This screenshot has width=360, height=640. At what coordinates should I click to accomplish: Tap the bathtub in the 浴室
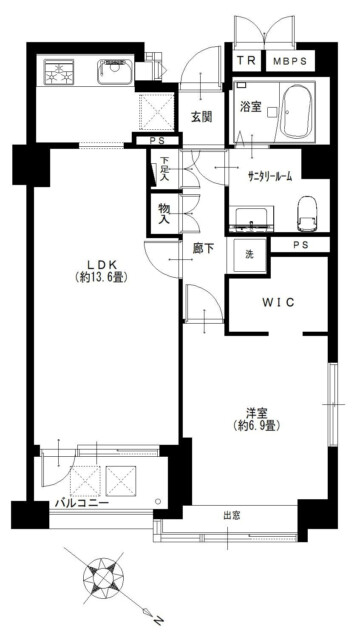(x=298, y=112)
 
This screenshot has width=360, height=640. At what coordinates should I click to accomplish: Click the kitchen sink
(x=115, y=72)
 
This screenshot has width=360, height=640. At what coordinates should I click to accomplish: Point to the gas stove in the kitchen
(x=58, y=72)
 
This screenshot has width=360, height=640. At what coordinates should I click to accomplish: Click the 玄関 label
(x=202, y=118)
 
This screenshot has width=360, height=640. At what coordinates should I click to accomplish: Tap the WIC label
(x=278, y=302)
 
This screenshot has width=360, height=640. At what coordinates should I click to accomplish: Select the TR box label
(x=247, y=61)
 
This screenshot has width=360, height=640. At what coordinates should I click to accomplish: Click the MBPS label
(x=290, y=61)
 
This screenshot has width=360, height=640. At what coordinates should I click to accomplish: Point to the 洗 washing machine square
(x=249, y=255)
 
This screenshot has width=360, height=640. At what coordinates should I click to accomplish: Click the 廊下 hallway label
(x=203, y=249)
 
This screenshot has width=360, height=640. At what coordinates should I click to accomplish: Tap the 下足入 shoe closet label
(x=164, y=169)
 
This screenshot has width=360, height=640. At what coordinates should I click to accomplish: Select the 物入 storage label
(x=164, y=213)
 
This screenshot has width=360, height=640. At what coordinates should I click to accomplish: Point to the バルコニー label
(x=82, y=502)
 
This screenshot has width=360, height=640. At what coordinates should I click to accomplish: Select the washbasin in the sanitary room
(x=249, y=219)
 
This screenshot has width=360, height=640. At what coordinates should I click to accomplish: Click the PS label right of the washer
(x=300, y=244)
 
